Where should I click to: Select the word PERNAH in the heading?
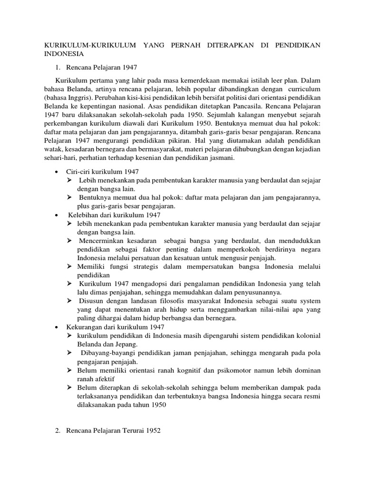[x=182, y=46]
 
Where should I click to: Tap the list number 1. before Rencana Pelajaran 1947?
[x=59, y=67]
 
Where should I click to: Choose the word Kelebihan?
[x=82, y=215]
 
